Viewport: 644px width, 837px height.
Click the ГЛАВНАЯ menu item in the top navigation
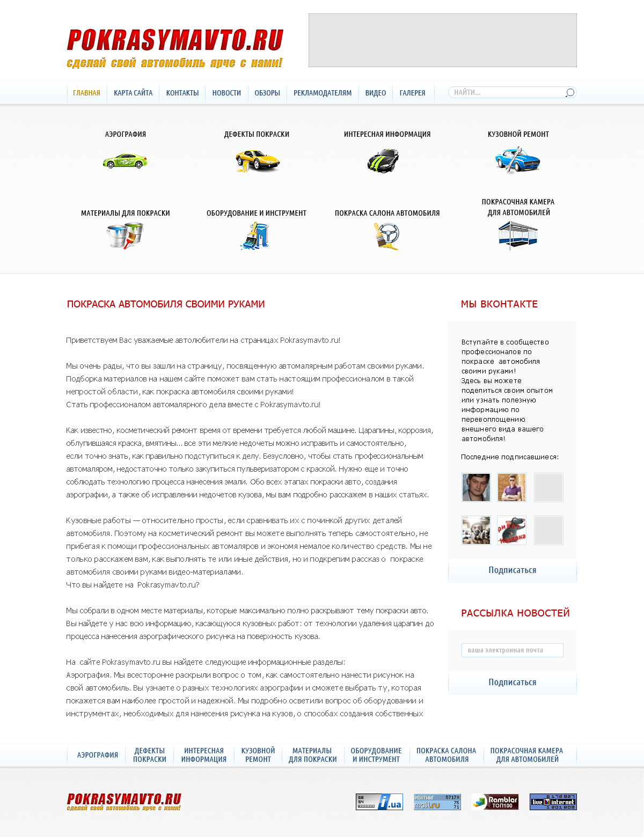point(86,93)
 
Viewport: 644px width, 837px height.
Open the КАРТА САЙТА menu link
point(133,93)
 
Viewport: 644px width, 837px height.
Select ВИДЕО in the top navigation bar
point(376,93)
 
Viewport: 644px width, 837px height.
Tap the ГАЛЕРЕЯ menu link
point(412,93)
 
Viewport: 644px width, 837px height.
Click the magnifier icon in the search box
point(569,93)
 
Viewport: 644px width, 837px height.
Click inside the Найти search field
point(504,92)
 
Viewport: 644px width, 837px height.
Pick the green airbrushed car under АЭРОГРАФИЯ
point(125,160)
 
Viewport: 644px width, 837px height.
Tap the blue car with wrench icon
point(517,160)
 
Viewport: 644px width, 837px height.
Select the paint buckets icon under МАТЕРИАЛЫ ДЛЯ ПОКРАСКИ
point(125,236)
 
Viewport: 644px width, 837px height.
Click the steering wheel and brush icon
point(387,236)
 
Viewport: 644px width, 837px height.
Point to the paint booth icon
point(518,235)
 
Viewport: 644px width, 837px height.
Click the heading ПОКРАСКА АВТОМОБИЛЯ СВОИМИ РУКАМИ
point(166,304)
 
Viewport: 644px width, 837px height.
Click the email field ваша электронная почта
point(512,650)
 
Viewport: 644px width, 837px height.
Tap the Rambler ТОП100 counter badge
point(495,802)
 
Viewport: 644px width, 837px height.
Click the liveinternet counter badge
point(553,802)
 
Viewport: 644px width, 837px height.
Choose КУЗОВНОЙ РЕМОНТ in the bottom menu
point(258,755)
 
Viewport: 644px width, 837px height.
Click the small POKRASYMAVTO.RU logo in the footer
point(124,802)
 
